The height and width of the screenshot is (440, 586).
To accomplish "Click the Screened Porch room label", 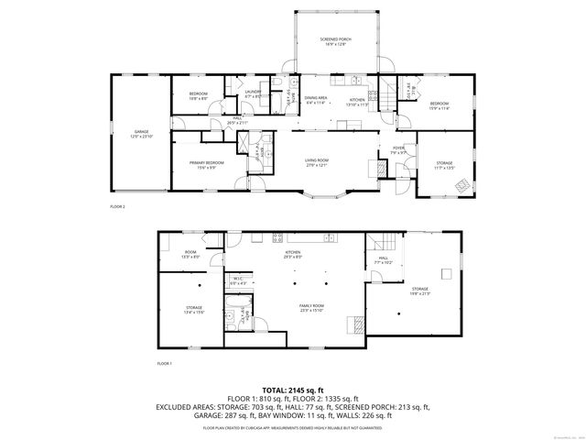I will [x=336, y=41].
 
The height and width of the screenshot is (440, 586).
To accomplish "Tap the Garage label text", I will [x=142, y=134].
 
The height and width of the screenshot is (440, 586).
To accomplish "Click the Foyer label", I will [x=398, y=150].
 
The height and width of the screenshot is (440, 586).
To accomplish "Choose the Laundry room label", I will [x=253, y=93].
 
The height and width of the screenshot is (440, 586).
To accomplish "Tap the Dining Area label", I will [x=315, y=100].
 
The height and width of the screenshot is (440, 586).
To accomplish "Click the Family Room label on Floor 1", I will [x=312, y=307].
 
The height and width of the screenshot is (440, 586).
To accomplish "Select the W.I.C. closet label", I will [x=236, y=280].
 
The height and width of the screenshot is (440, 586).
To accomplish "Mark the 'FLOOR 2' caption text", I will [x=117, y=207].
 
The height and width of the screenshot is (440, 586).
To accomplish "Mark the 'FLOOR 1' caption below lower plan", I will [x=165, y=364].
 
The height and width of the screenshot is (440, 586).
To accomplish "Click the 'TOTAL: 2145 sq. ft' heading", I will [x=292, y=390].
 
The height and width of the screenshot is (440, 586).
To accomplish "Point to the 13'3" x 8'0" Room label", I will [x=190, y=255].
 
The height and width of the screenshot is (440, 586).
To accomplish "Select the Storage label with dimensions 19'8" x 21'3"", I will [x=420, y=291].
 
